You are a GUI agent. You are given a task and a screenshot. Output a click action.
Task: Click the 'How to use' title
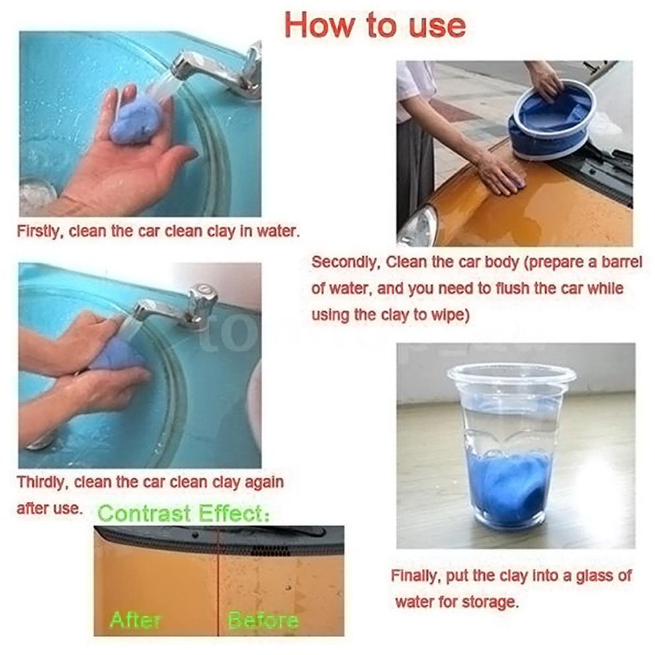374,26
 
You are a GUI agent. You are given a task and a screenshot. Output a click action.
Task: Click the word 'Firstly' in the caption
40,231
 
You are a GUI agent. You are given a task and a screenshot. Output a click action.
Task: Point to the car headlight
418,226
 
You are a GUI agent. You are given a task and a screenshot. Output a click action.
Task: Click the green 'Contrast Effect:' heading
184,514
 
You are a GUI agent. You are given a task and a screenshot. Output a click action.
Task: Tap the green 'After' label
135,619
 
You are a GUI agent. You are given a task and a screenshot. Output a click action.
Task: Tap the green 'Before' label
263,620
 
